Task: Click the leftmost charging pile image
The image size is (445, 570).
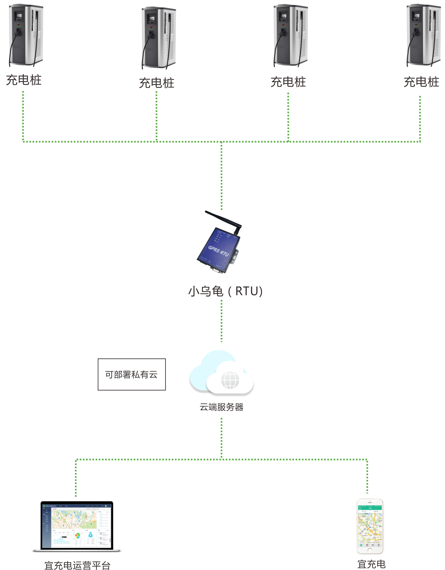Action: (x=26, y=35)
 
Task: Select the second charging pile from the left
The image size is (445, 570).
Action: (x=159, y=38)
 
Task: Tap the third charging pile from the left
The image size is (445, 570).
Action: (x=290, y=35)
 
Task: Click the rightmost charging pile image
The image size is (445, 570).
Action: (x=423, y=35)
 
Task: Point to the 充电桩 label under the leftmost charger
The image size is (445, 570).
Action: (x=24, y=80)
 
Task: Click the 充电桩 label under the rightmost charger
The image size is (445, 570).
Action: (x=421, y=82)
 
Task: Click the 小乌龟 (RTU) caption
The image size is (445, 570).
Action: (x=225, y=291)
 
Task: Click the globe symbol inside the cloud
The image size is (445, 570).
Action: (x=230, y=380)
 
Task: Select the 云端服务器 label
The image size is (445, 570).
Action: (x=221, y=407)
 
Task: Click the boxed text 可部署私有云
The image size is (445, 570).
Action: (x=131, y=374)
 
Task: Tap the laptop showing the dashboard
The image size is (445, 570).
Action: (x=77, y=526)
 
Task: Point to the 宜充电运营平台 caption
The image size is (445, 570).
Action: (x=77, y=565)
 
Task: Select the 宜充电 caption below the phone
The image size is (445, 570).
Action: (x=371, y=564)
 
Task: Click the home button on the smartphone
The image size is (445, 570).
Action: (x=370, y=550)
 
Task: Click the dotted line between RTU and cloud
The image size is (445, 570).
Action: (x=221, y=321)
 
